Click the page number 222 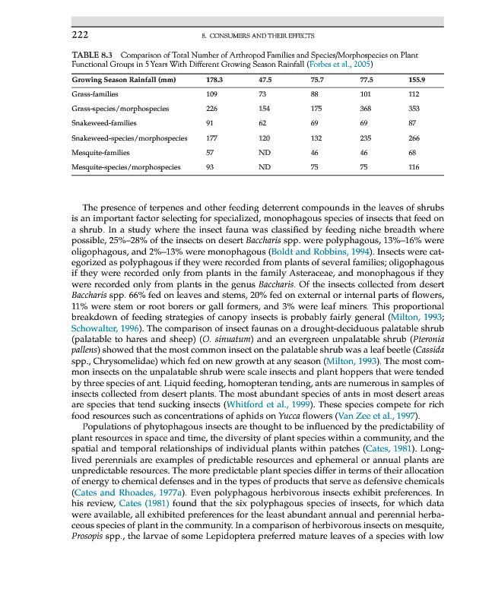[x=81, y=36]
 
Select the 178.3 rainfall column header [x=214, y=80]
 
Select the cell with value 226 [x=213, y=109]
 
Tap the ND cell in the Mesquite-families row [x=265, y=153]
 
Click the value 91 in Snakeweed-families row [x=211, y=123]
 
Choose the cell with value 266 [x=414, y=138]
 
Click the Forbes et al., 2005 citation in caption [x=363, y=65]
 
